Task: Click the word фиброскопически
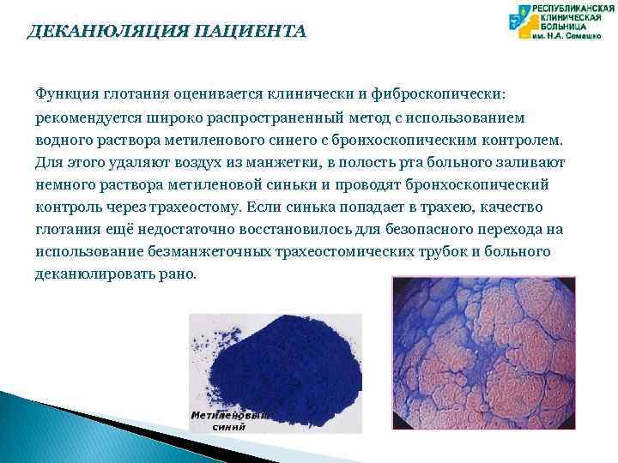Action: coord(445,92)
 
